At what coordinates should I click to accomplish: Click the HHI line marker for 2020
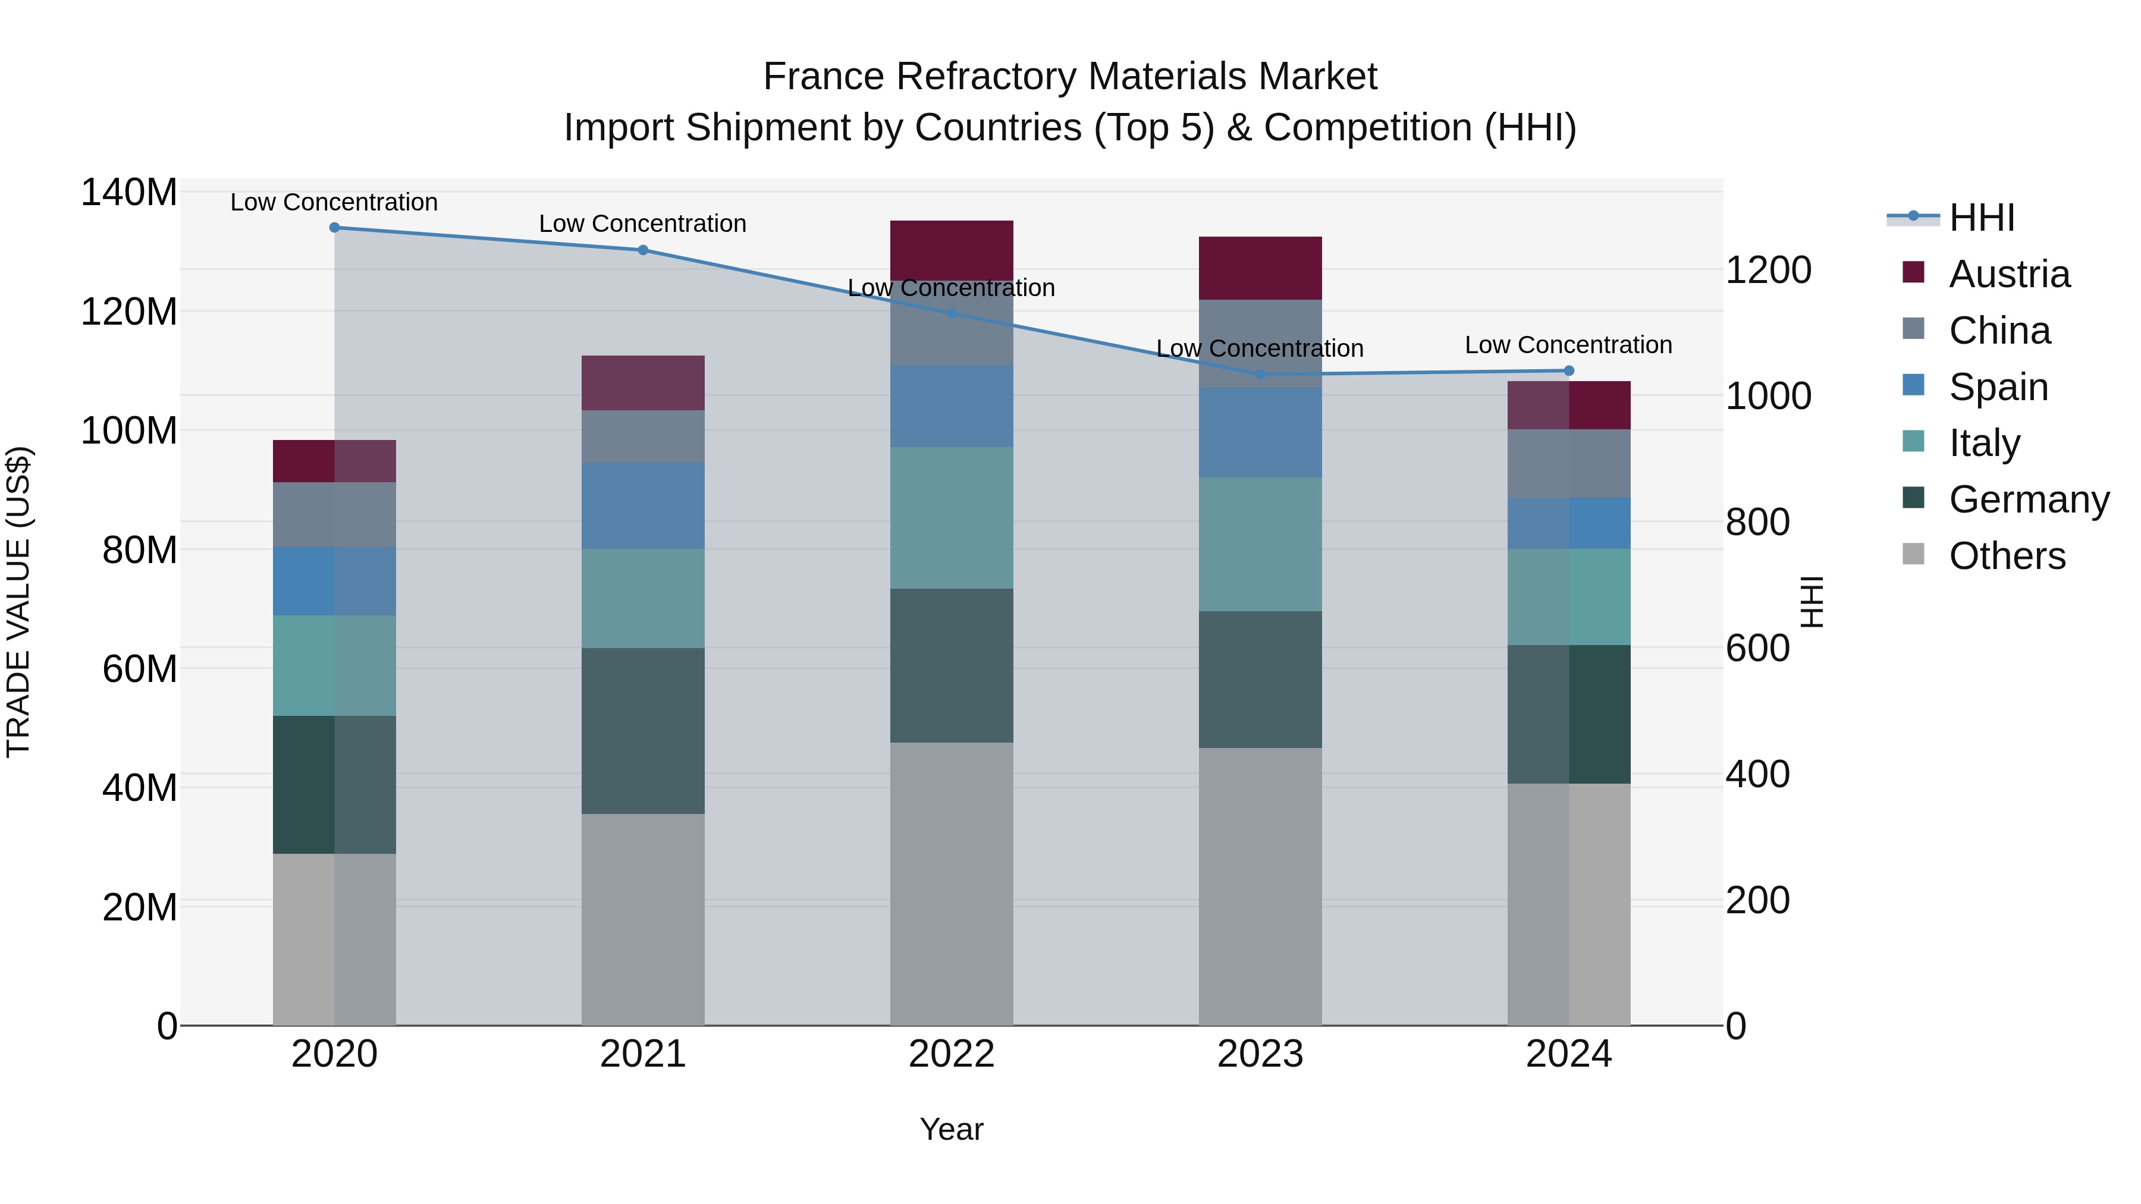tap(334, 228)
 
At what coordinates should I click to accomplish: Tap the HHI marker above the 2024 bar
tap(1568, 370)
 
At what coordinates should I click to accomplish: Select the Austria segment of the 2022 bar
tap(951, 249)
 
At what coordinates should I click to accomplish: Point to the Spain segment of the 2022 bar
tap(951, 406)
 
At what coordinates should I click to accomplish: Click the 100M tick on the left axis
tap(129, 431)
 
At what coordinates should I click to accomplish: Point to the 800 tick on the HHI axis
tap(1757, 522)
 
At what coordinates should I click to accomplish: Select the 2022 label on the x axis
tap(951, 1054)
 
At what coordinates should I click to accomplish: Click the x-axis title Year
tap(951, 1129)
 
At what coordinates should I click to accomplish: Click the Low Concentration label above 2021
tap(642, 224)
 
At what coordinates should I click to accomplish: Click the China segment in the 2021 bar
tap(642, 436)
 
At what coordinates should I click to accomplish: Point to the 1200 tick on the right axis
tap(1768, 270)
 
